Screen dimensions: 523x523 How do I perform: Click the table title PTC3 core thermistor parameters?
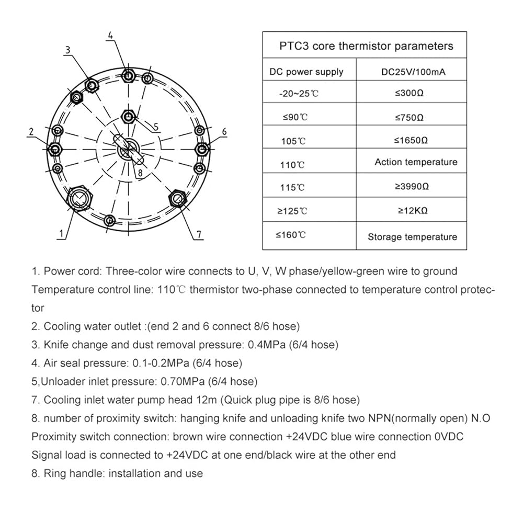point(366,46)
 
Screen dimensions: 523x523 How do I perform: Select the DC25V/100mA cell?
point(413,72)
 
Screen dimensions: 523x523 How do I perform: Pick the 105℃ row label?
point(293,141)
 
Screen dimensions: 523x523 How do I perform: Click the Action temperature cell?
point(416,162)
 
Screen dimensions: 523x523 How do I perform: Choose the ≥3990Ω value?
point(412,187)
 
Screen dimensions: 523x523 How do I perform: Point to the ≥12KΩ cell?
point(412,211)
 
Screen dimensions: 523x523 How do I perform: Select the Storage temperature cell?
point(412,237)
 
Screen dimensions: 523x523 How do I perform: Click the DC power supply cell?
point(306,72)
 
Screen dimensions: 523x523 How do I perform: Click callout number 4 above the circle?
point(110,36)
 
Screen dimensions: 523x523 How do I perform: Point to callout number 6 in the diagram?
point(224,131)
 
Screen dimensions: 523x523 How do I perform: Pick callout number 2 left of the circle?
point(31,131)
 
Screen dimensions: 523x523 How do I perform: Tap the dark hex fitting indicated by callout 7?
point(177,198)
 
